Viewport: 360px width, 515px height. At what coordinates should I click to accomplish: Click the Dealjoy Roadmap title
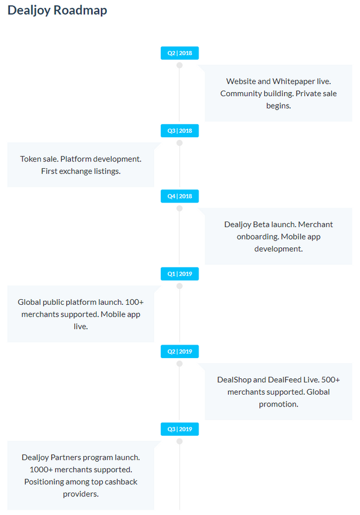[57, 11]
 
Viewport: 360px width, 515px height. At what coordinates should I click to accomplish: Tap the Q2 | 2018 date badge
[179, 53]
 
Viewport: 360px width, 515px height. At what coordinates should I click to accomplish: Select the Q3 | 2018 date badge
[179, 131]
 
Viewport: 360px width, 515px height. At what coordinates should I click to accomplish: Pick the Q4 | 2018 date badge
[179, 196]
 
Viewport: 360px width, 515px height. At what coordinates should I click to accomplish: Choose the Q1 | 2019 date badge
[179, 274]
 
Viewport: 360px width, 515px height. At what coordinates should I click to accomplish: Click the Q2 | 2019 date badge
[179, 351]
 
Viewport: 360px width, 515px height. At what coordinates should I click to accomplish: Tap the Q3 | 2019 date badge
[179, 430]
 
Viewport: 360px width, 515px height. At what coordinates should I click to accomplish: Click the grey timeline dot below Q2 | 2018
[179, 65]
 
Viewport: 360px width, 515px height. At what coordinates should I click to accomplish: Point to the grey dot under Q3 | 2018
[179, 143]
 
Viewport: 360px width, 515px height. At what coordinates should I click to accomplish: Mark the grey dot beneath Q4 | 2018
[179, 208]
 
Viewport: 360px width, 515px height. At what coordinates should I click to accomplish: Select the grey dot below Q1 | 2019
[179, 286]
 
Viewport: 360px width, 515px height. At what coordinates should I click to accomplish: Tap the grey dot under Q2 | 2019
[179, 364]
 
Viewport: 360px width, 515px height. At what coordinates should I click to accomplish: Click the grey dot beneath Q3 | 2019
[179, 441]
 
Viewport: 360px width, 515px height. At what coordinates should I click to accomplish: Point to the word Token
[30, 159]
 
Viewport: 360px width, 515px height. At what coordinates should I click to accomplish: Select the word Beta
[260, 225]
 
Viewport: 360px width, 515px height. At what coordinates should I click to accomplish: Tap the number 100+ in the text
[134, 302]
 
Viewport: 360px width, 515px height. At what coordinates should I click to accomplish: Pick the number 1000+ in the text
[41, 469]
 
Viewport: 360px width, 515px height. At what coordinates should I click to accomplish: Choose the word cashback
[121, 482]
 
